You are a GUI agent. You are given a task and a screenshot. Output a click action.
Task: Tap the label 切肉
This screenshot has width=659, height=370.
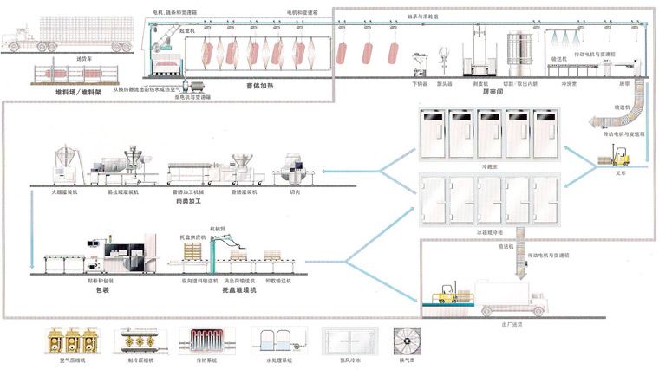[295, 192]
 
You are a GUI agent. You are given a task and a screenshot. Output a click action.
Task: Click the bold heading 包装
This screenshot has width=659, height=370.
[102, 290]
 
